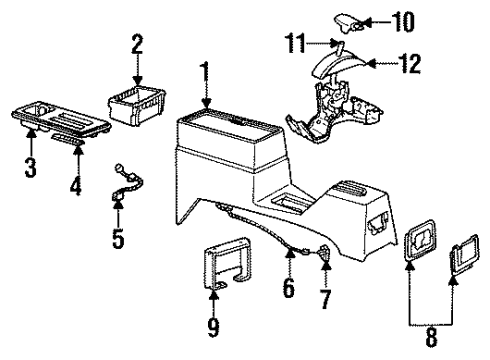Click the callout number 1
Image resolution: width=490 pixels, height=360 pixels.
coord(206,73)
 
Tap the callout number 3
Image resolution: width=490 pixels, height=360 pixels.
coord(31,167)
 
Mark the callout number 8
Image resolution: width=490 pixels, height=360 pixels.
coord(433,338)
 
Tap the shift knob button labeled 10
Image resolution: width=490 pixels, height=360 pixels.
coord(346,19)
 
